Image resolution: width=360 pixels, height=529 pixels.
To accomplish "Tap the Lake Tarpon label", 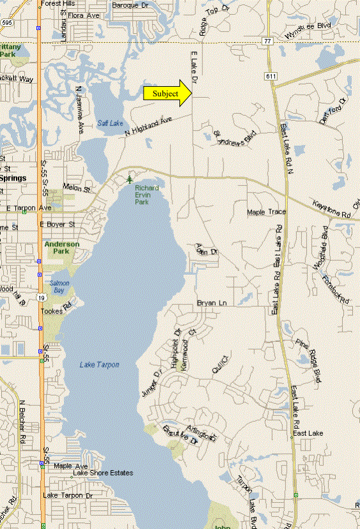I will pos(100,364).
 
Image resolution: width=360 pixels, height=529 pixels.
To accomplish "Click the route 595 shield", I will pos(5,22).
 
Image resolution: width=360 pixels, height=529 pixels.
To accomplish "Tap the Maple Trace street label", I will pos(267,212).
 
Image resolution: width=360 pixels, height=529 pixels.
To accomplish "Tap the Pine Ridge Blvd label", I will pos(308,361).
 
